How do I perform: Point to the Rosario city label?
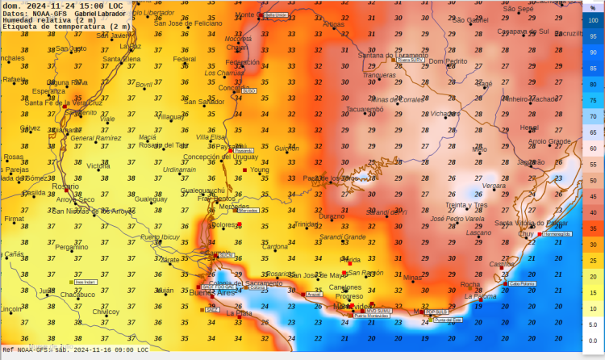65,186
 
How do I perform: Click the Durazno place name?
331,216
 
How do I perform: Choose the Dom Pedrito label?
448,61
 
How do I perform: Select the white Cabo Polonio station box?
521,283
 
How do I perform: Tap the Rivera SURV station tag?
410,59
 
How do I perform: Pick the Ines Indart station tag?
85,283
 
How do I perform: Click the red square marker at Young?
245,170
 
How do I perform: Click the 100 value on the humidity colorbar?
593,21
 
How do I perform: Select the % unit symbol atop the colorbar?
593,7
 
